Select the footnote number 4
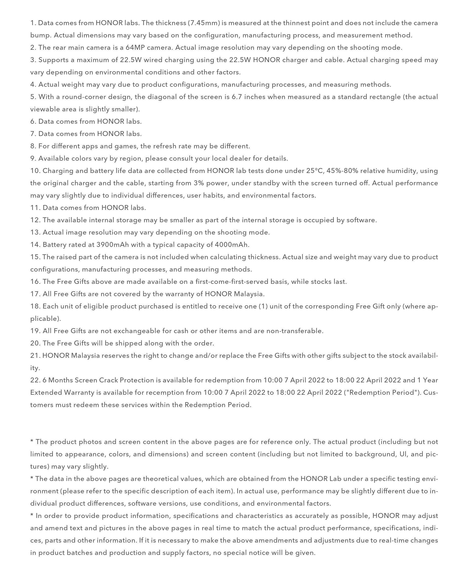point(33,85)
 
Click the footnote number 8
point(33,146)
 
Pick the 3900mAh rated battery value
point(113,245)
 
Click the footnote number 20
point(35,343)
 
